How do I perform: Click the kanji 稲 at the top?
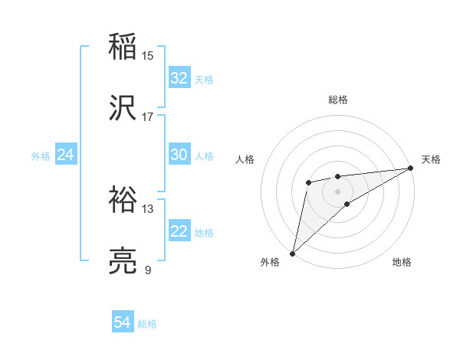[x=123, y=47]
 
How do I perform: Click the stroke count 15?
[x=147, y=55]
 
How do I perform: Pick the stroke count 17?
[x=147, y=116]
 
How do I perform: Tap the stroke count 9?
[x=147, y=270]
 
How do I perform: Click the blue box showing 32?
[x=179, y=78]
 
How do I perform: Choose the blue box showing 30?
[x=179, y=155]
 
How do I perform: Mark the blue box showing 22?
[x=179, y=231]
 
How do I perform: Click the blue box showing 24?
[x=65, y=155]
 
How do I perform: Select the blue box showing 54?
[x=122, y=323]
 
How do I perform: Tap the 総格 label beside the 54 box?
[x=147, y=324]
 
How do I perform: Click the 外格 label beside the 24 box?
[x=41, y=156]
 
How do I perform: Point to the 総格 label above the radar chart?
[x=338, y=100]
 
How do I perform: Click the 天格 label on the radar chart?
[x=431, y=159]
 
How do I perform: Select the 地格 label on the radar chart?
[x=402, y=263]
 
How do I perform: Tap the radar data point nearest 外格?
[x=292, y=253]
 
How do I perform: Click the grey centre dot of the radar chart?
[x=338, y=191]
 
